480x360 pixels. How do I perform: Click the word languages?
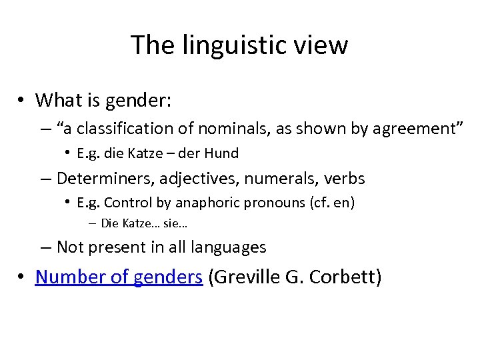pyautogui.click(x=228, y=247)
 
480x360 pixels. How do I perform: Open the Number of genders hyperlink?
pyautogui.click(x=119, y=277)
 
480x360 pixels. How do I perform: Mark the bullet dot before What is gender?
pyautogui.click(x=22, y=101)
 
